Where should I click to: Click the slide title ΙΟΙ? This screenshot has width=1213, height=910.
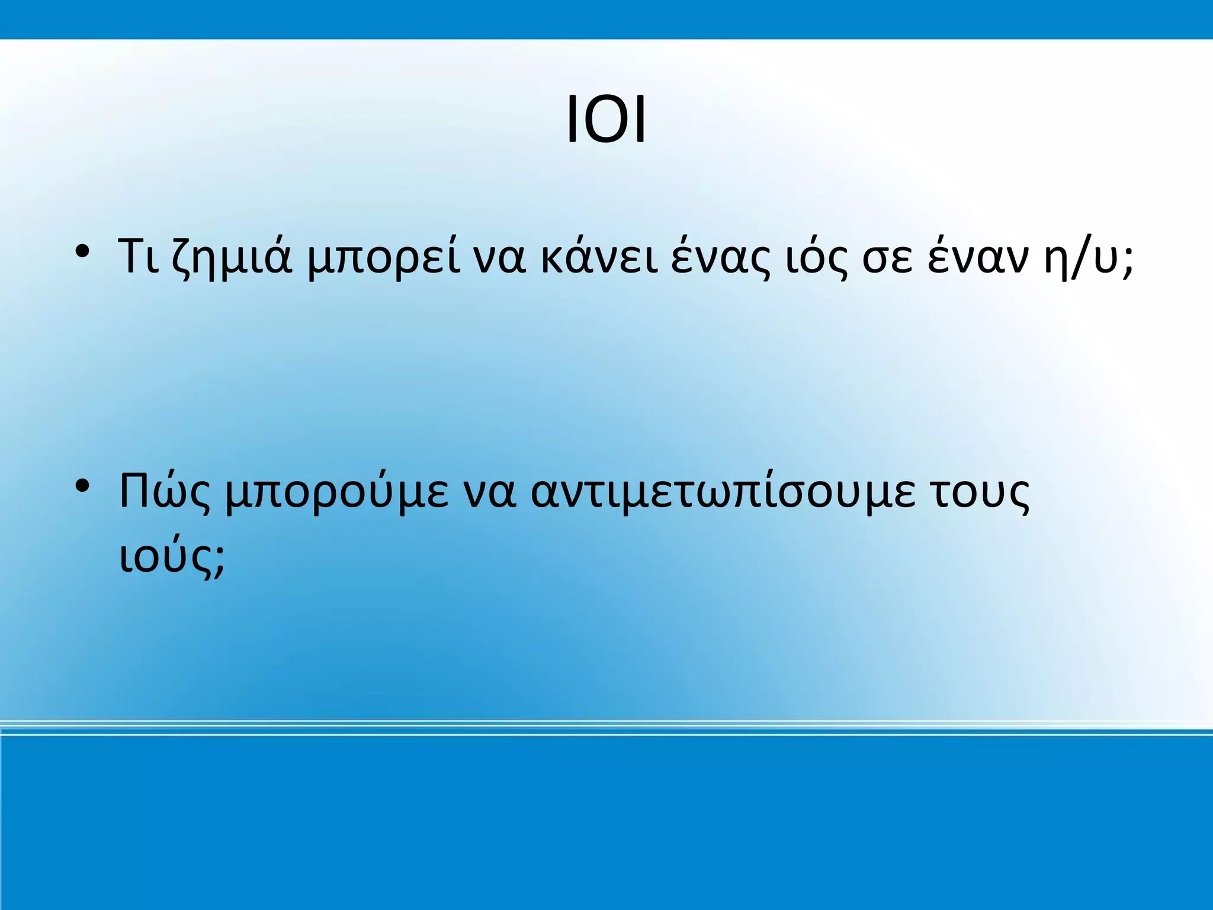point(606,120)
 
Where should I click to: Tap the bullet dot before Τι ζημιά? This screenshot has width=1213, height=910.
point(82,251)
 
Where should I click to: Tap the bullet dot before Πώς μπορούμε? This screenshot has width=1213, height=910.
point(82,486)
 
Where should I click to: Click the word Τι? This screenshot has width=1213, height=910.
point(139,256)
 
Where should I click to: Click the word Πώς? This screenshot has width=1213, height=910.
point(165,492)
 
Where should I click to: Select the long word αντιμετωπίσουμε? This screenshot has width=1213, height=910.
point(723,492)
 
